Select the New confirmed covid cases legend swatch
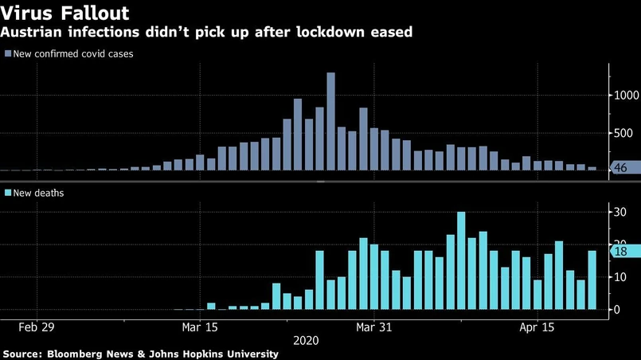8,54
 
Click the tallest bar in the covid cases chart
330,121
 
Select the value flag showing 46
623,167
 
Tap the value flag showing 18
623,251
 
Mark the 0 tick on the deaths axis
615,309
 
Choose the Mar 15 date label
201,327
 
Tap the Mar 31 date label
373,327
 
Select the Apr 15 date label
537,327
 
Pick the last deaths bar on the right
592,280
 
